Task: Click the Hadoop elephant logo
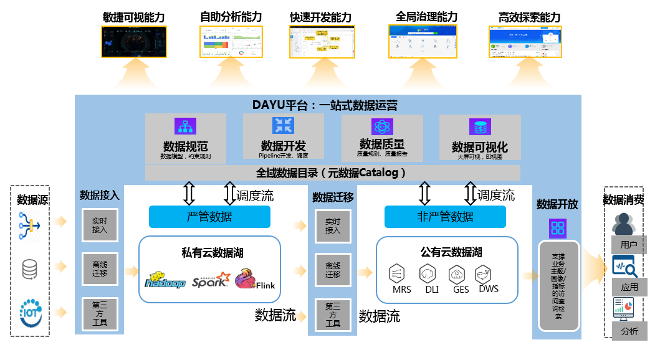pos(165,280)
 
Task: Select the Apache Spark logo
pos(211,281)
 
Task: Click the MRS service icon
pos(396,273)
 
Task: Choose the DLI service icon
pos(428,273)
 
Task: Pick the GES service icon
pos(458,273)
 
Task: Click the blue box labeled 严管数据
pos(209,217)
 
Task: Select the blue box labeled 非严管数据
pos(445,217)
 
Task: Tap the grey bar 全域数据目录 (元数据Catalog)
pos(332,173)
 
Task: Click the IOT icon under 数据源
pos(30,309)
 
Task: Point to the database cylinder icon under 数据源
pos(30,269)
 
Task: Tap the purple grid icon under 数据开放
pos(557,227)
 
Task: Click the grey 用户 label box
pos(628,244)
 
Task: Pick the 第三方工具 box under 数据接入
pos(100,314)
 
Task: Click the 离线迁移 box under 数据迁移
pos(333,270)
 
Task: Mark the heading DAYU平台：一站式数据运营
pos(325,105)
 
